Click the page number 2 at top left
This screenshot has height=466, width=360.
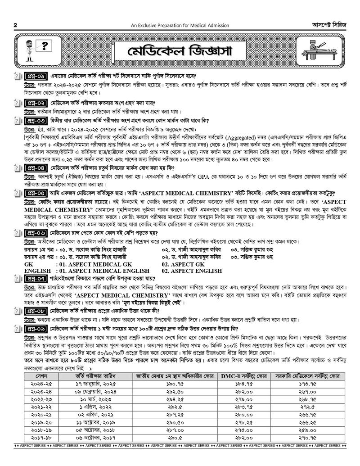coord(15,25)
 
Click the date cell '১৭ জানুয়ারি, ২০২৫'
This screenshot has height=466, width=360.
coord(99,384)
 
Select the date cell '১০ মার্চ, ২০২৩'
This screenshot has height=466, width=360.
coord(99,399)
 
